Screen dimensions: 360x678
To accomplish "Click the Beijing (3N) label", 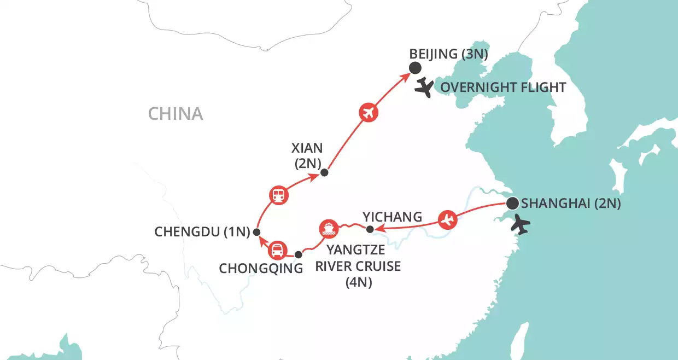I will click(x=448, y=55).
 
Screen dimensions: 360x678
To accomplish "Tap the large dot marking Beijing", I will click(x=415, y=68).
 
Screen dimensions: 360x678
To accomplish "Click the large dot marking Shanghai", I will click(x=512, y=204).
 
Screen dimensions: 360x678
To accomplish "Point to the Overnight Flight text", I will click(x=503, y=88).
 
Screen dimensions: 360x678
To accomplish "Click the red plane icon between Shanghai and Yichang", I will click(x=447, y=220).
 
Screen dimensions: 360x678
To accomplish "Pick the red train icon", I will click(x=279, y=194).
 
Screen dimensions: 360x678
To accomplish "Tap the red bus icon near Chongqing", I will click(x=277, y=250).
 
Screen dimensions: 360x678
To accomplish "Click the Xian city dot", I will click(x=324, y=173).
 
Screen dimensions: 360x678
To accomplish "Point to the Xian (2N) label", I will click(x=307, y=155).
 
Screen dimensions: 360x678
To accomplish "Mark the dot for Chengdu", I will click(x=256, y=232).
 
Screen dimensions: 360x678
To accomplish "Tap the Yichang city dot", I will click(x=370, y=229).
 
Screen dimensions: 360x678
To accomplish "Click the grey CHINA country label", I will click(x=176, y=114).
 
